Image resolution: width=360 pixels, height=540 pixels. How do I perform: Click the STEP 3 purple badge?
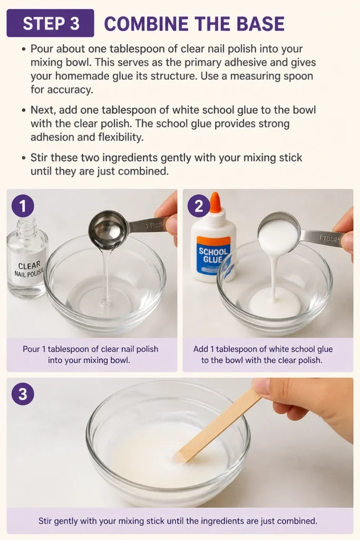[x=50, y=23]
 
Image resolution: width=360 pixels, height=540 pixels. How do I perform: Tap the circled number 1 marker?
[x=23, y=206]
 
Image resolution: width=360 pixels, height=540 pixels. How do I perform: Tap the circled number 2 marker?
[x=199, y=206]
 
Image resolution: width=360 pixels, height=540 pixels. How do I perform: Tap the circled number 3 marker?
[x=23, y=393]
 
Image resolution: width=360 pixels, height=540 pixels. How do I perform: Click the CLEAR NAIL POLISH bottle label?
[x=30, y=269]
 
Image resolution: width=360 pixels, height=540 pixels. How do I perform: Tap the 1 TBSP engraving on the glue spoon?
[x=329, y=238]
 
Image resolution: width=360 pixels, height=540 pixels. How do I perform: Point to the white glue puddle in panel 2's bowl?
[x=275, y=302]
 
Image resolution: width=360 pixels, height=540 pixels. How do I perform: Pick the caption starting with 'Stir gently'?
[x=178, y=520]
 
